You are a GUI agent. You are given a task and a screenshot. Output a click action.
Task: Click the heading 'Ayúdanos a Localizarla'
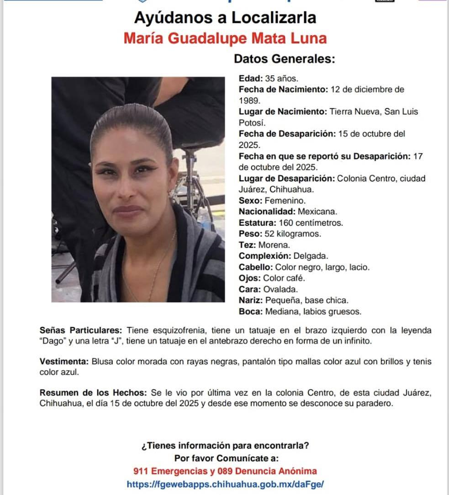point(225,18)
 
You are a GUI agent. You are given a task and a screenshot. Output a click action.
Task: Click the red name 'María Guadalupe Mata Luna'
point(225,38)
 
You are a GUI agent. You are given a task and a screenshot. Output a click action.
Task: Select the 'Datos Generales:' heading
point(285,59)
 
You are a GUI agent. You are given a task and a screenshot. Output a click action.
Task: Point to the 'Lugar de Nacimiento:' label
point(282,112)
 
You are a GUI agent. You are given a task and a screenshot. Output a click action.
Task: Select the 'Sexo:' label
point(250,201)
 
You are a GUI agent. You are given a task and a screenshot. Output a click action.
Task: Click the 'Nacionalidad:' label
point(267,212)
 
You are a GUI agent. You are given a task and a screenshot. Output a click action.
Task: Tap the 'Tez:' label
point(248,245)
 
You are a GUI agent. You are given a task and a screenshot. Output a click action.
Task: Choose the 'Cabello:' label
point(255,267)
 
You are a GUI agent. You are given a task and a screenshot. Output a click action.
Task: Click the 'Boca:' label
point(250,312)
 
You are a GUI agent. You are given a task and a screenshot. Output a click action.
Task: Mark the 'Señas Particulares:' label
point(81,330)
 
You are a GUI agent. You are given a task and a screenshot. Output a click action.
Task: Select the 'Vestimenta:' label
point(64,362)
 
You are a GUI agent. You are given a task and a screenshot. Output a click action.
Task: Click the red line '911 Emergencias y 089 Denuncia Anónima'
point(225,471)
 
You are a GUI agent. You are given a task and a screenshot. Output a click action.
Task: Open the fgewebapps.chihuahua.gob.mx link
point(225,484)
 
